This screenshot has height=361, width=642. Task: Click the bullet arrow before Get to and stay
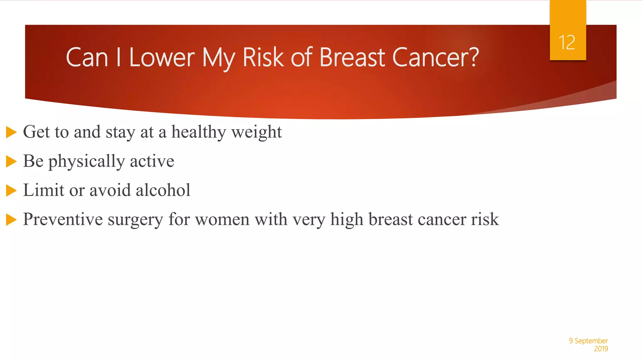pos(11,132)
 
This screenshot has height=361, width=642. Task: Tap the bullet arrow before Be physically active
pos(11,161)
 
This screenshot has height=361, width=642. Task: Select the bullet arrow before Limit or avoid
pos(11,190)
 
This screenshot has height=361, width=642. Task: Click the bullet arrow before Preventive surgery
pos(11,219)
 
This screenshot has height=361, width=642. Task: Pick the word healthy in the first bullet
pos(198,132)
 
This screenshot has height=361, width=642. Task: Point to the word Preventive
pos(63,219)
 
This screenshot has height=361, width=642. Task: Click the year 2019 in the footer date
pos(601,349)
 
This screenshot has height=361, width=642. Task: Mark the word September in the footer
pos(591,341)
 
